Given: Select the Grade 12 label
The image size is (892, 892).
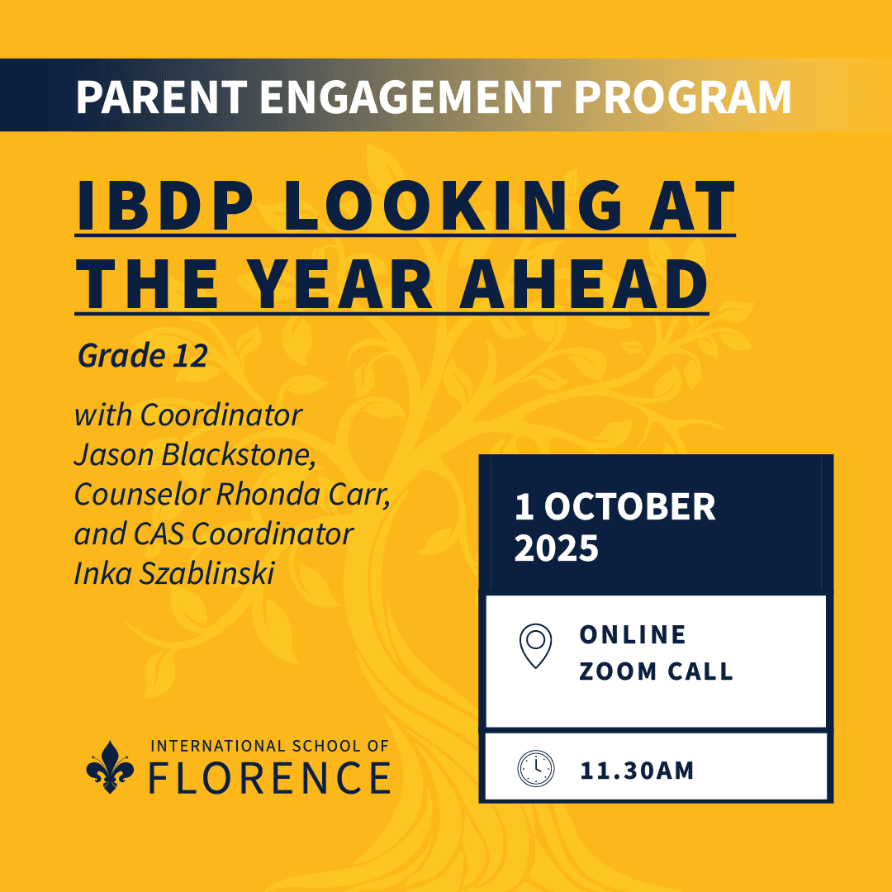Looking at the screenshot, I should (142, 357).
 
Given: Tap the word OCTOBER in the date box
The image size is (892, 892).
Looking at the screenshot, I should (629, 507).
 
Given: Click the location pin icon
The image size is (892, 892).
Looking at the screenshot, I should (535, 644).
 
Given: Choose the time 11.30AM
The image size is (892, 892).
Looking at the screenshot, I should (636, 771).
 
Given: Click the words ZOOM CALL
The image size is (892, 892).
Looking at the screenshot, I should (656, 671).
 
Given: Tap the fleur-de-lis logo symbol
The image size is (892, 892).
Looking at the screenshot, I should (110, 766).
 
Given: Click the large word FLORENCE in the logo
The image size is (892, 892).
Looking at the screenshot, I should (269, 777).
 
